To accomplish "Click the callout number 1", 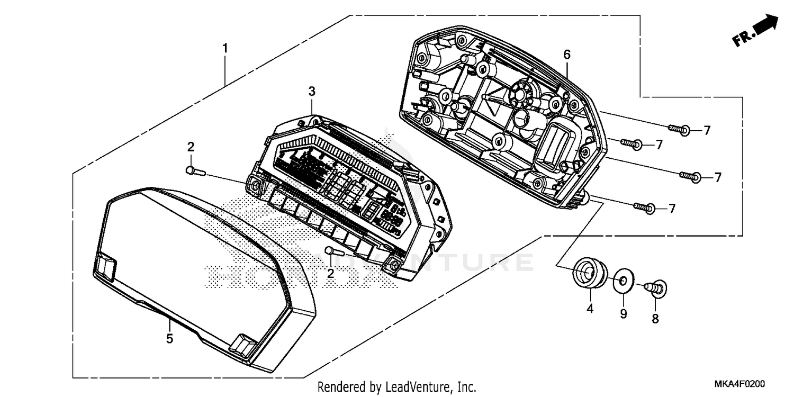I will point(225,48).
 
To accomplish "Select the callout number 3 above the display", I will point(312,92).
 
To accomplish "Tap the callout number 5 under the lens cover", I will point(169,339).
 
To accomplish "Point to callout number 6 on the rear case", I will point(567,54).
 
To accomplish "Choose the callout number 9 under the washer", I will point(624,314).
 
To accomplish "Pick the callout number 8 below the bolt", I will point(655,319).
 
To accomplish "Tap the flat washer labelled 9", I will point(624,281).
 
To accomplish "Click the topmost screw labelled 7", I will point(679,128).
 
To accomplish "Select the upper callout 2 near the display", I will point(191,147).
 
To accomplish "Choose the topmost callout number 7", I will point(707,130).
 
